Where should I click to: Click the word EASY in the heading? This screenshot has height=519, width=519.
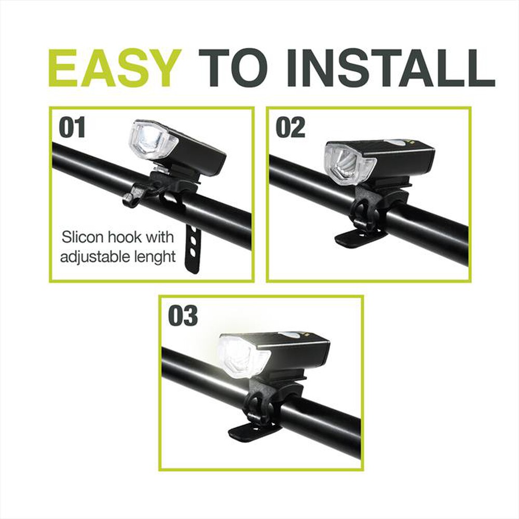(x=115, y=68)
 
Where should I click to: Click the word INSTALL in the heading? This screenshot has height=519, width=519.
(x=391, y=68)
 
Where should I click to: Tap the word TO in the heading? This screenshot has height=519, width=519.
(x=233, y=68)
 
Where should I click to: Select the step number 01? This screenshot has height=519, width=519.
(x=72, y=127)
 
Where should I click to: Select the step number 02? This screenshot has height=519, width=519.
(x=290, y=128)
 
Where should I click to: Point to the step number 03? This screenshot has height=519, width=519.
(x=183, y=316)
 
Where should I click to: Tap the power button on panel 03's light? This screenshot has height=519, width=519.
(x=291, y=335)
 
